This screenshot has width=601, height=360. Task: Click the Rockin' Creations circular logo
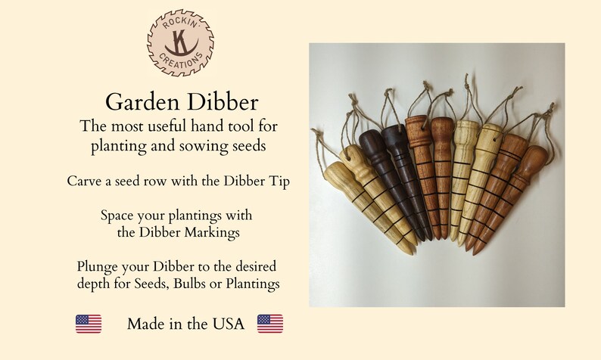(179, 44)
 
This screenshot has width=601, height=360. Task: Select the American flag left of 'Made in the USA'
(89, 324)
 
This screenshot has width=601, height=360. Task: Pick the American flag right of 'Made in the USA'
(270, 324)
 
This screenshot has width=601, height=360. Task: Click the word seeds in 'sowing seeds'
(247, 145)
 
